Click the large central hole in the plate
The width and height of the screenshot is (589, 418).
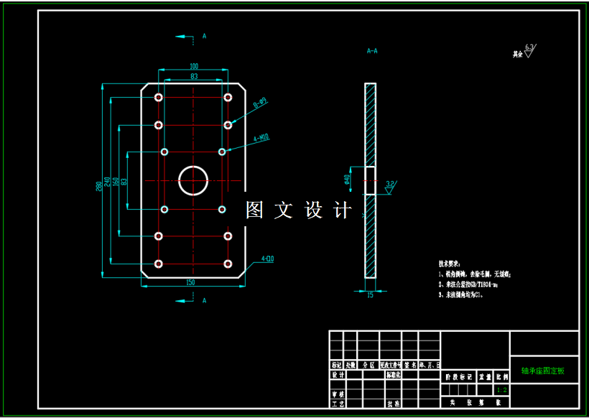(x=193, y=180)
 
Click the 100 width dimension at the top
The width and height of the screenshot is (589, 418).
(x=193, y=67)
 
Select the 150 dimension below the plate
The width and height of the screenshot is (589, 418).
(x=190, y=282)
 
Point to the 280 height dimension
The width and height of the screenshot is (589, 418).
(x=99, y=186)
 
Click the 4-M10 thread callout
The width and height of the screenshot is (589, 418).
(x=261, y=136)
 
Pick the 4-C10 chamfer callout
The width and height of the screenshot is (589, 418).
(x=267, y=258)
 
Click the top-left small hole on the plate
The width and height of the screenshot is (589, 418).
(x=158, y=97)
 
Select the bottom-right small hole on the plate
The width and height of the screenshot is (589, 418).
(x=228, y=264)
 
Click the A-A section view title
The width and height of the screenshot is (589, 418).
(x=372, y=52)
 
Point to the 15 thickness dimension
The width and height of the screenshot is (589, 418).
(x=370, y=294)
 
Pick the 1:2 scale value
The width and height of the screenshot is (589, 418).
(x=502, y=390)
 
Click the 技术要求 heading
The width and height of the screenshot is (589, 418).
(x=449, y=264)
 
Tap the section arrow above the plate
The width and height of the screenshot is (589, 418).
(x=185, y=35)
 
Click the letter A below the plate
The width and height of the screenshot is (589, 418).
(x=204, y=300)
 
